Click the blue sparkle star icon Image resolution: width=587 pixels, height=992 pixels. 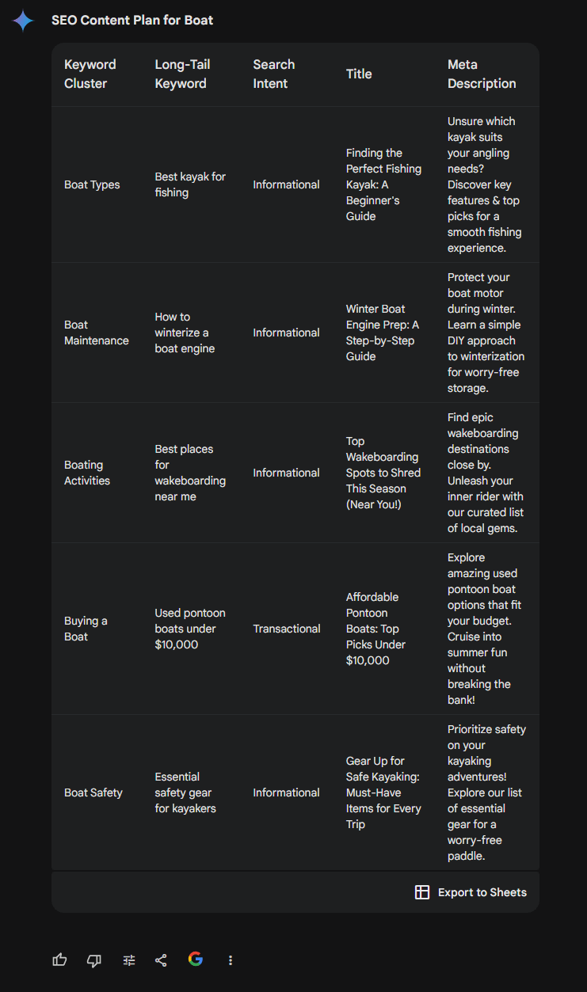point(23,21)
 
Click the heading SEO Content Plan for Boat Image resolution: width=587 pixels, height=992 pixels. point(132,21)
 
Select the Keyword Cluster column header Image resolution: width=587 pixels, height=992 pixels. point(90,74)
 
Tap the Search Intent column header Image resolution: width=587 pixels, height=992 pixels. point(273,74)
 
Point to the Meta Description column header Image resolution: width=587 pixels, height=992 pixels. point(482,74)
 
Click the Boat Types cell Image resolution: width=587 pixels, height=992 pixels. point(92,184)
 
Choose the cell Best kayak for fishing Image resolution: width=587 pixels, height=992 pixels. point(190,184)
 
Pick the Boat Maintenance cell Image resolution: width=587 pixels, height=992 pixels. point(96,333)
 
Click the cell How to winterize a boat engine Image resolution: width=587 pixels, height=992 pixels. point(185,333)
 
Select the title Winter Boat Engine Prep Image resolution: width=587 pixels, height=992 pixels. point(383,333)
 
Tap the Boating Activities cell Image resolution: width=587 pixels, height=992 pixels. point(87,473)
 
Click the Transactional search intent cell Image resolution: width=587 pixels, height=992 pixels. point(287,629)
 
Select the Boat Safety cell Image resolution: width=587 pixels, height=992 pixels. point(93,792)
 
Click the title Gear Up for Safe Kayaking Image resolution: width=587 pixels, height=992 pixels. point(383,792)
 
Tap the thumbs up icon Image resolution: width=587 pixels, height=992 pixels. point(59,960)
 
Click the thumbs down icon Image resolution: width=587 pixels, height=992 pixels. point(94,960)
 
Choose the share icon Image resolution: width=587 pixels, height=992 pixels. point(161,960)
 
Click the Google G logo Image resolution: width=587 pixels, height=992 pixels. point(196,960)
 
